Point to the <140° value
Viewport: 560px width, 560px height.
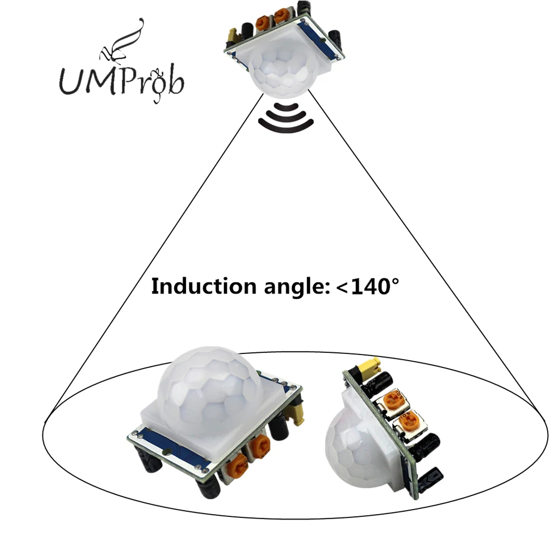pos(367,287)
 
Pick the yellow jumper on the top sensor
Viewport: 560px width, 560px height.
pos(231,36)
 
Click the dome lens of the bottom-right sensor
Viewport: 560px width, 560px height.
pos(353,448)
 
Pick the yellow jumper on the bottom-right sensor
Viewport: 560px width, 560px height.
pos(370,366)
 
